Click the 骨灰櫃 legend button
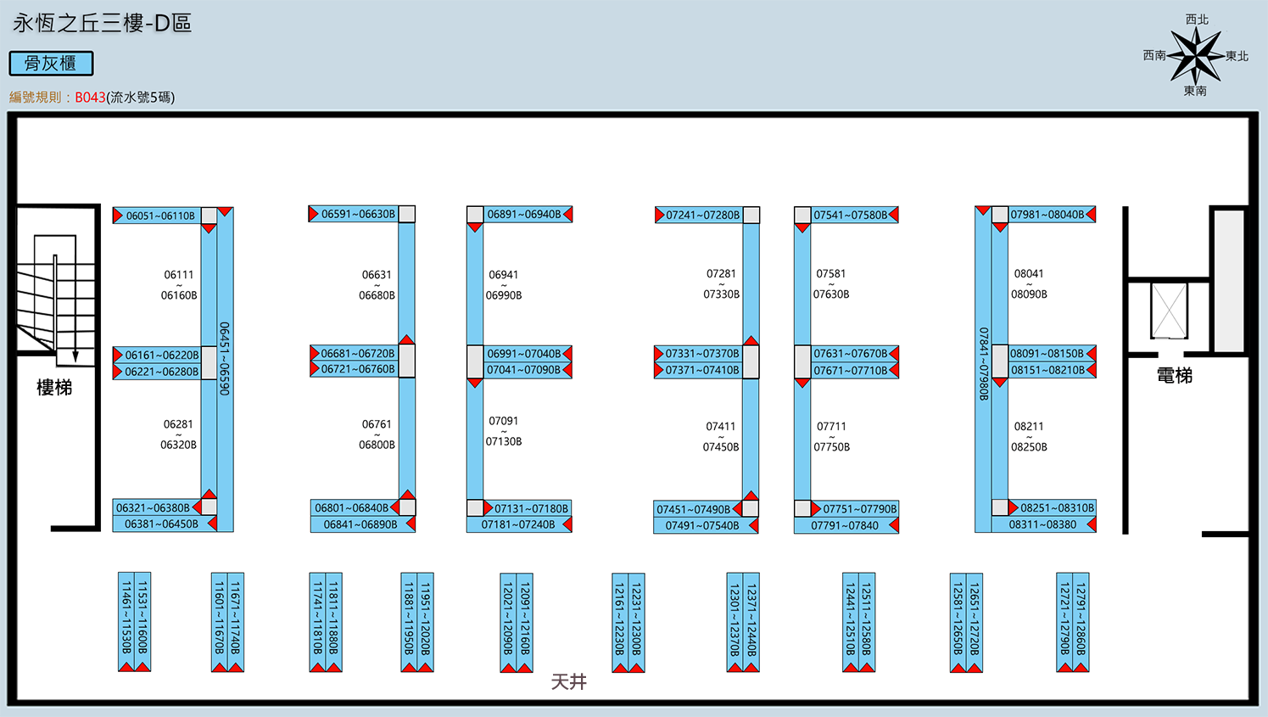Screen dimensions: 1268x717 pos(51,63)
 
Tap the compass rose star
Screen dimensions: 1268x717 pos(1196,55)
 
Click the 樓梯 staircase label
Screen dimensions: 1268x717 pos(54,388)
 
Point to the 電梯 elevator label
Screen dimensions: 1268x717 pos(1174,376)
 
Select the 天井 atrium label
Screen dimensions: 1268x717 pos(569,682)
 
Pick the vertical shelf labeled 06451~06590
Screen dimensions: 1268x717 pos(225,369)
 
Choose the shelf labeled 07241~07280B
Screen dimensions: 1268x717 pos(699,216)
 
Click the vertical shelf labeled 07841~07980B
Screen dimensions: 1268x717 pos(983,369)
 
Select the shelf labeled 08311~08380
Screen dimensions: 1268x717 pos(1044,524)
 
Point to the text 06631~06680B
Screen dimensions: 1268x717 pos(377,285)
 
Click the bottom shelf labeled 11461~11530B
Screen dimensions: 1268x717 pos(126,622)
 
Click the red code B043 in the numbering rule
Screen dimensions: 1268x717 pos(90,98)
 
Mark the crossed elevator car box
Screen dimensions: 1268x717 pos(1169,311)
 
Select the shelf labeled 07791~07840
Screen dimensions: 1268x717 pos(846,525)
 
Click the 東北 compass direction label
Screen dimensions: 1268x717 pos(1237,56)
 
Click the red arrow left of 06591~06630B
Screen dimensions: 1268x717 pos(313,214)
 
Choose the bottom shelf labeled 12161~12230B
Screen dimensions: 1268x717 pos(620,623)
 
